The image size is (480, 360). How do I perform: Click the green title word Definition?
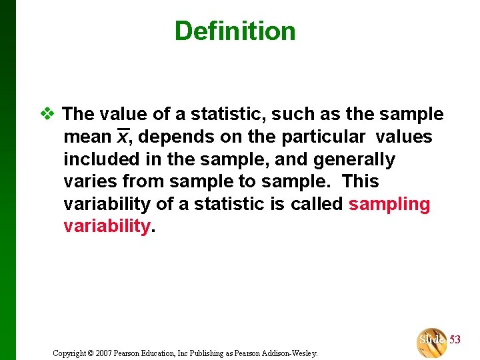[235, 31]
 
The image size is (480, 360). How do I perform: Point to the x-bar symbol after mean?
[122, 137]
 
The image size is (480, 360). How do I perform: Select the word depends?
[170, 137]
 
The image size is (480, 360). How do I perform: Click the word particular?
[323, 137]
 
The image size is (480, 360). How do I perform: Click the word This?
[360, 181]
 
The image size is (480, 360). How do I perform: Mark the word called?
[317, 204]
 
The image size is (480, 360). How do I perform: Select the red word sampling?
[389, 204]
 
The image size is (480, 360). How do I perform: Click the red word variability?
[107, 226]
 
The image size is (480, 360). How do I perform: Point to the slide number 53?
[455, 340]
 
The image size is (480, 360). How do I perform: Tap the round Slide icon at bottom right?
[431, 341]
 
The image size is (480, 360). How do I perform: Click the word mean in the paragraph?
[87, 137]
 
